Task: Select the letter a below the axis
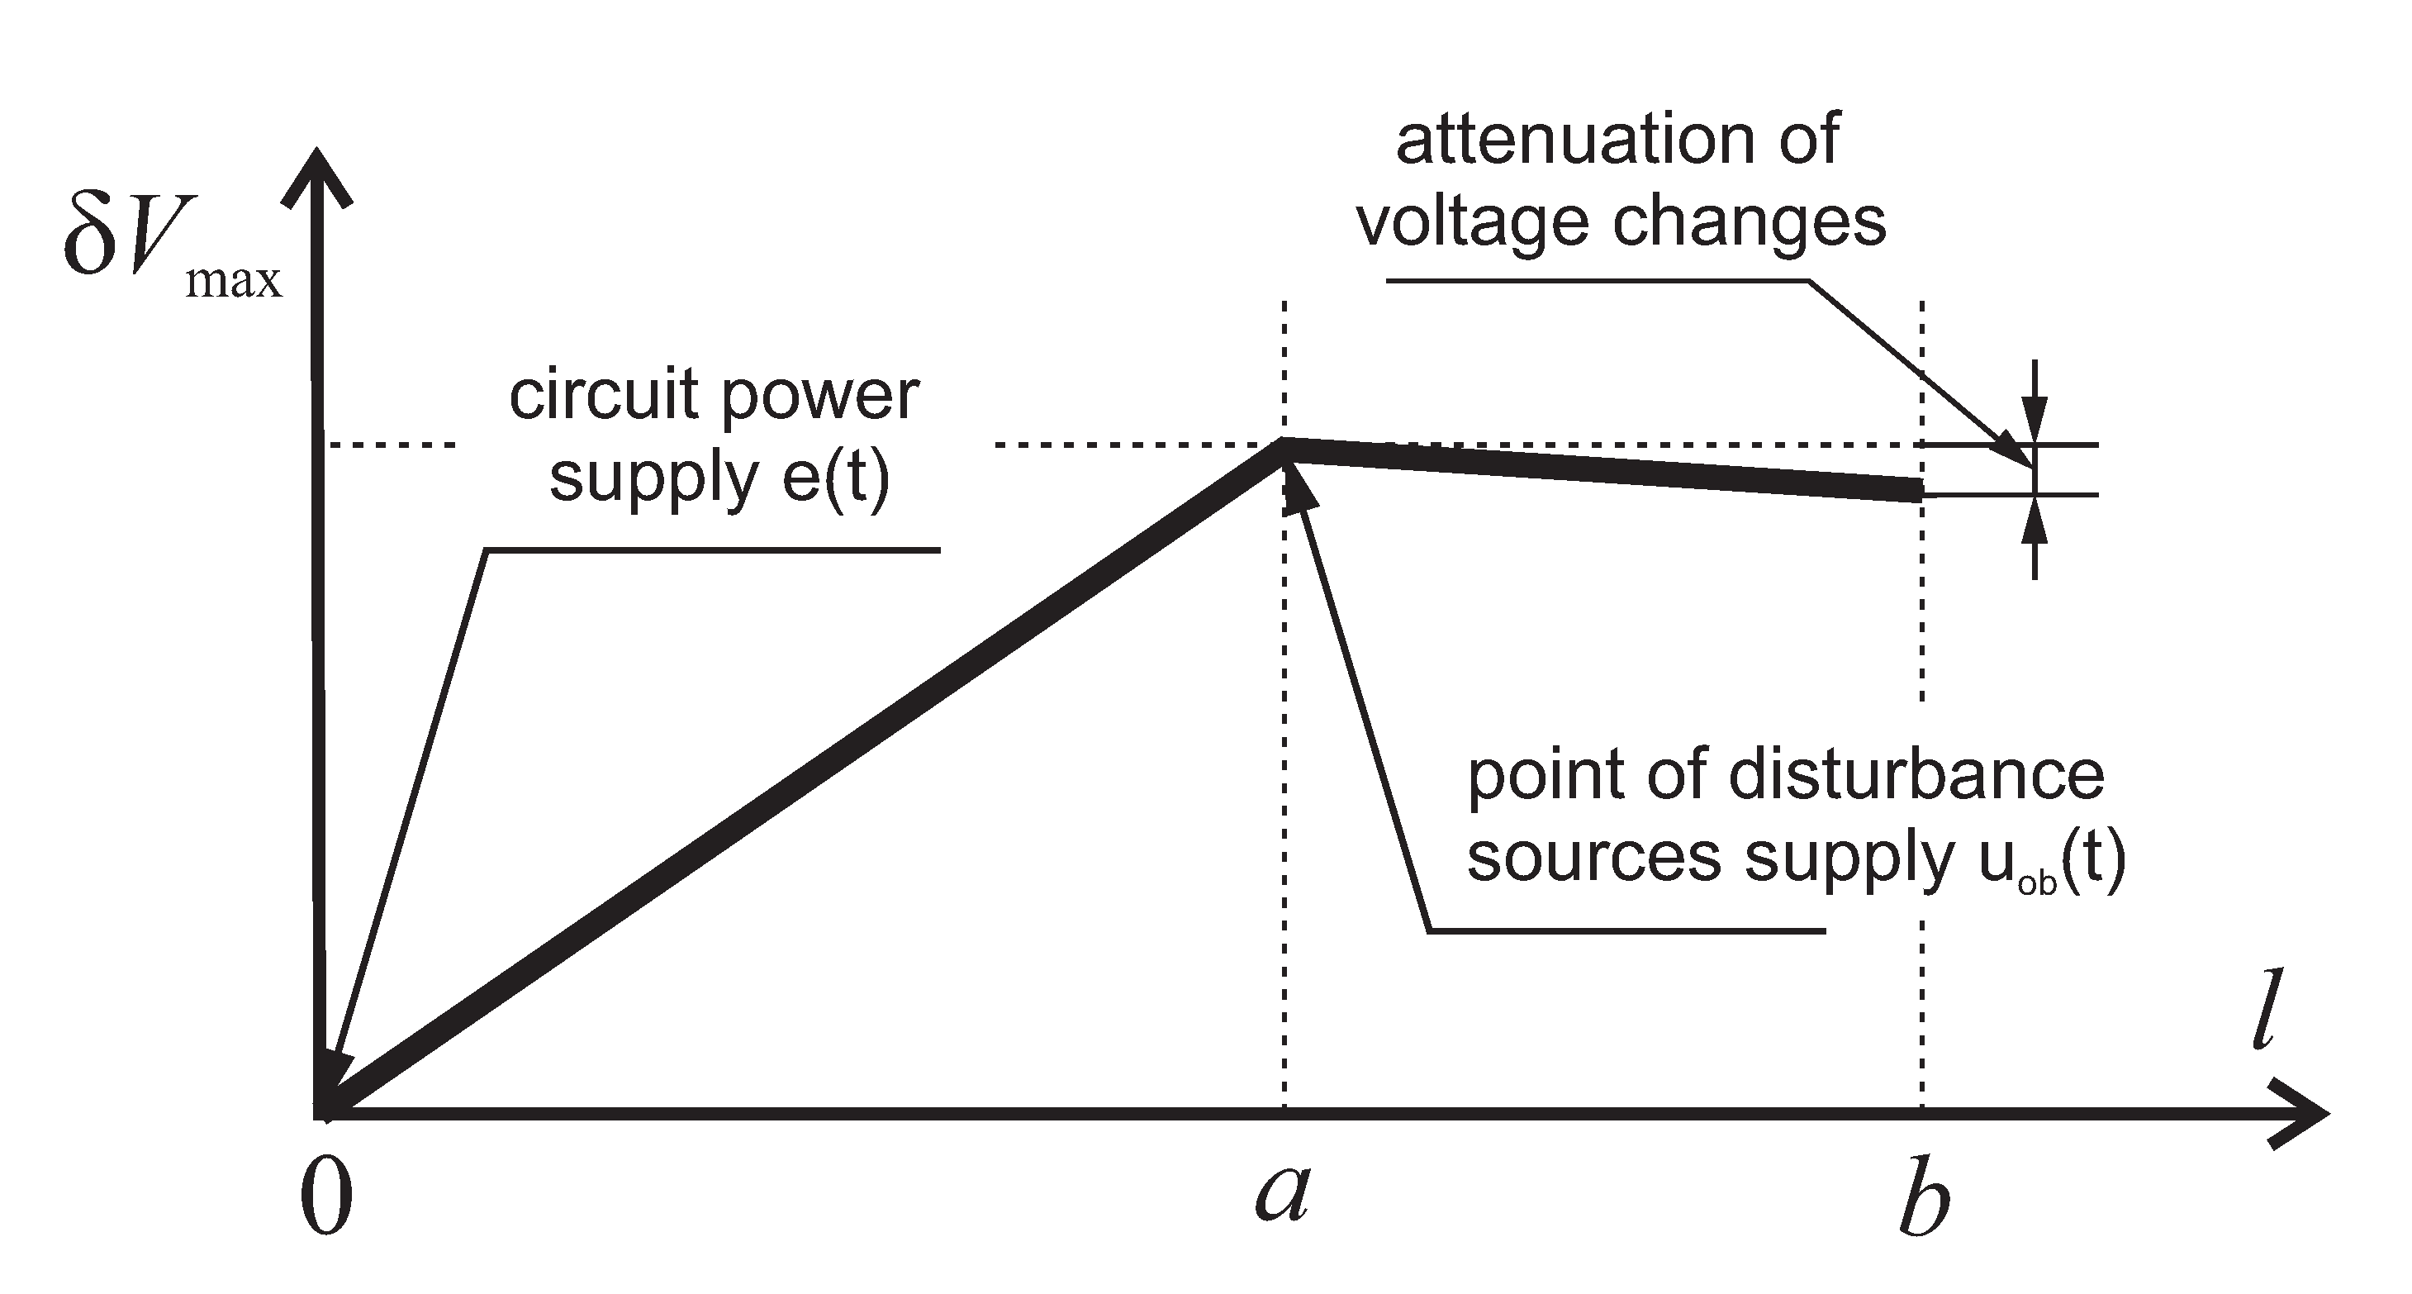(x=1281, y=1195)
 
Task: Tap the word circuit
(x=604, y=394)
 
